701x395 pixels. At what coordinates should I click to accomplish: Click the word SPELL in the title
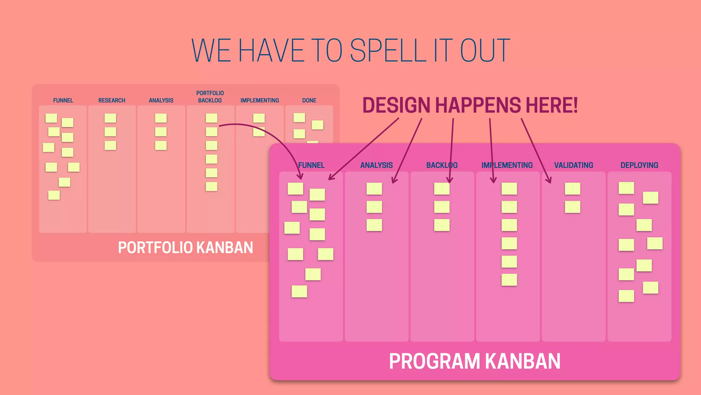(x=388, y=51)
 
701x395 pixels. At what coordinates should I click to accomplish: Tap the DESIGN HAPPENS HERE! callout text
(x=470, y=105)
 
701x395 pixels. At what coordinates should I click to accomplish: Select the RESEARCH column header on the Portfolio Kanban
(x=112, y=100)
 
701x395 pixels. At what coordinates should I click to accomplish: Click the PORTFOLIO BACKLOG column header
(x=210, y=97)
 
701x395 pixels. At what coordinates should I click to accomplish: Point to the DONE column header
(x=309, y=100)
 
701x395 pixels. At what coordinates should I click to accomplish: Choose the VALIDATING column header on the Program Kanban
(x=573, y=165)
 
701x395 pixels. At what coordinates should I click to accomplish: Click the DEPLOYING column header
(x=639, y=165)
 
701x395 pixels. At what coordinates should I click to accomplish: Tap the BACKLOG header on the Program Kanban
(x=442, y=165)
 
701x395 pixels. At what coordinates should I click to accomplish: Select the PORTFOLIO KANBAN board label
(x=185, y=248)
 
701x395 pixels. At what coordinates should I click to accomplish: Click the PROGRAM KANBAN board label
(x=474, y=361)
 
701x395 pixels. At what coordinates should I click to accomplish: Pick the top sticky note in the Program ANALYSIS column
(x=374, y=189)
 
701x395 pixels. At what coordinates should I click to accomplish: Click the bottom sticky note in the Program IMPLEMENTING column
(x=509, y=280)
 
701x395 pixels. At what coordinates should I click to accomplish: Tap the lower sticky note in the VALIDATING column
(x=572, y=207)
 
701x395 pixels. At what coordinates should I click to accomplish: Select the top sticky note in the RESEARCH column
(x=110, y=118)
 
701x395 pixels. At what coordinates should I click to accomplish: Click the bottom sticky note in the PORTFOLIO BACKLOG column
(x=211, y=186)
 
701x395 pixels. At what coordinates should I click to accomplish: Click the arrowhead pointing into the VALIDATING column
(x=549, y=180)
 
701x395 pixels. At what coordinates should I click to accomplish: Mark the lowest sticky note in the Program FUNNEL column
(x=299, y=291)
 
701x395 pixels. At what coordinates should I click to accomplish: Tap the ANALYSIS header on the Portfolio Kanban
(x=161, y=100)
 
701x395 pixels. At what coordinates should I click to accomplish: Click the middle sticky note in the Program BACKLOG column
(x=442, y=207)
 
